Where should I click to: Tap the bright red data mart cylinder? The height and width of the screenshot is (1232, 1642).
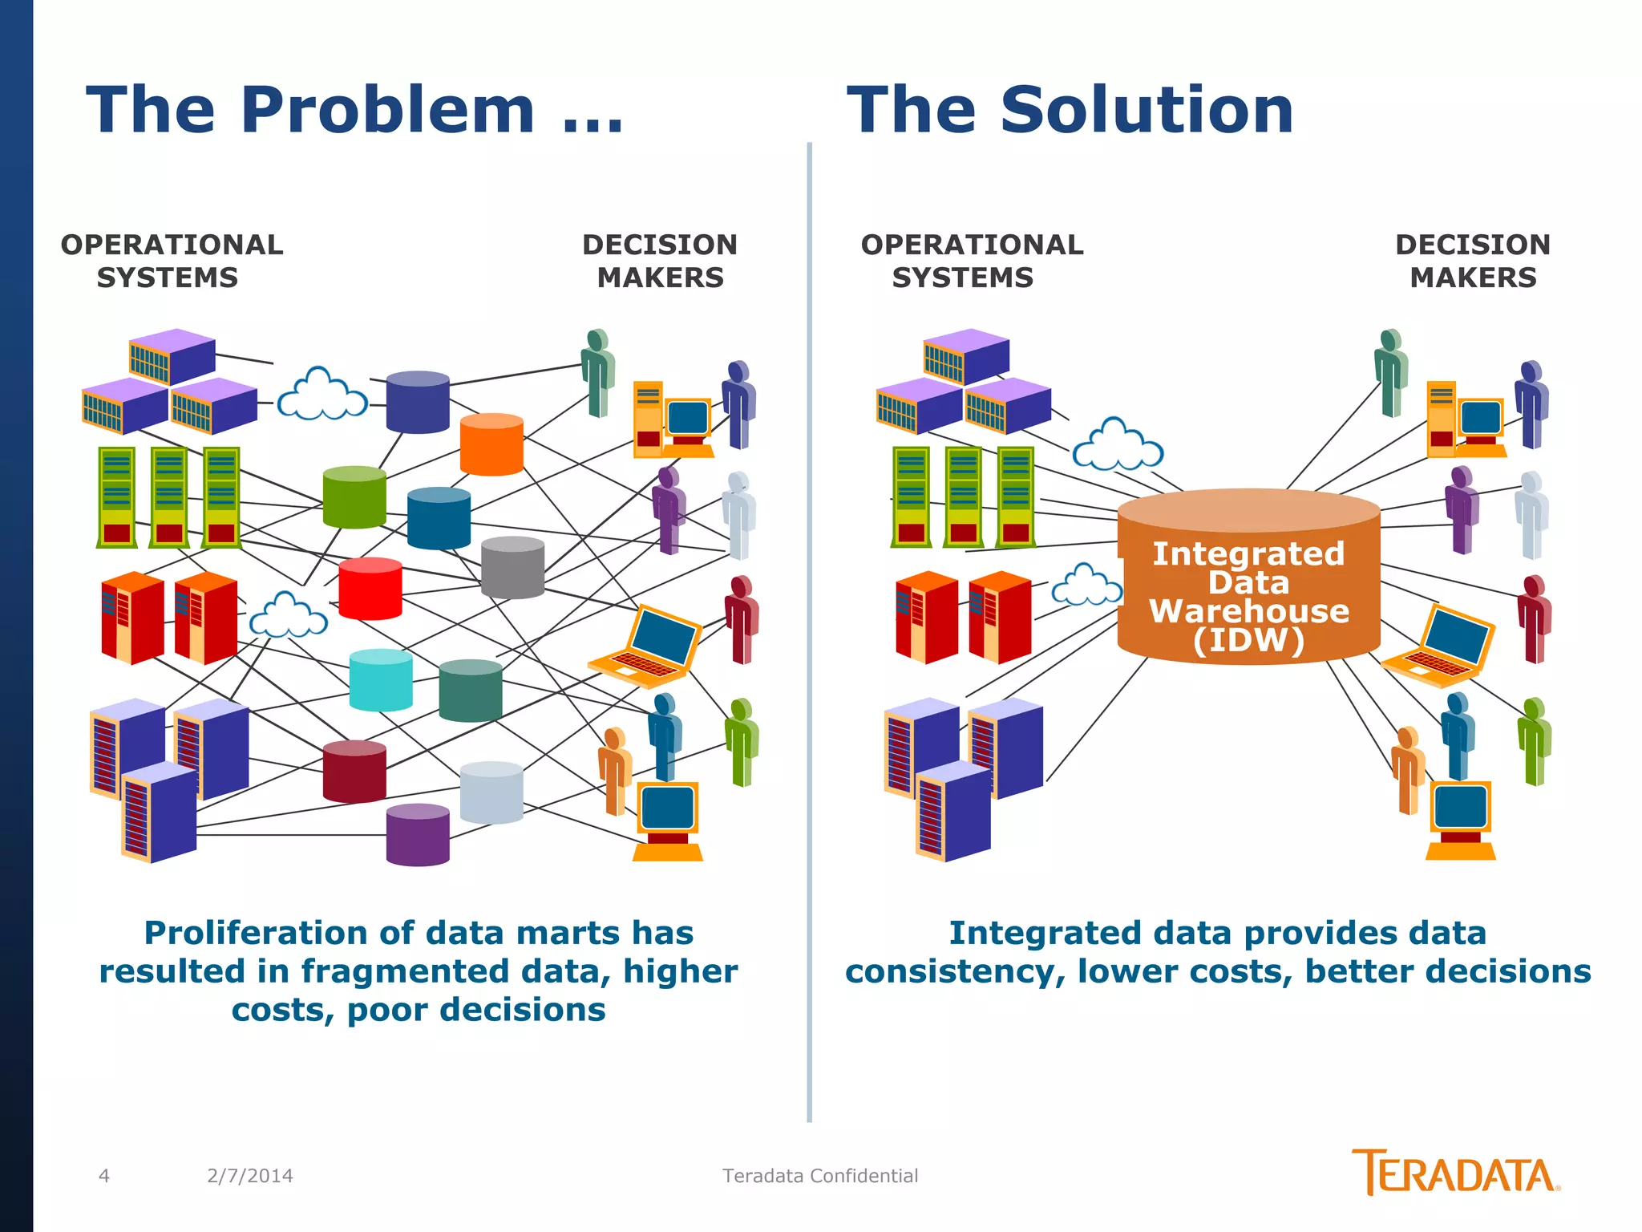point(370,590)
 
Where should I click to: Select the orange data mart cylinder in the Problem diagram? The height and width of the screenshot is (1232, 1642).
point(491,445)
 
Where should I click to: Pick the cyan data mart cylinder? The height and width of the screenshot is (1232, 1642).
point(381,681)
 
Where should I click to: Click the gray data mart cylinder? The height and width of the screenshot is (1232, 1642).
point(512,568)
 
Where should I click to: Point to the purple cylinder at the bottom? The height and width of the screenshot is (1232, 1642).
point(418,835)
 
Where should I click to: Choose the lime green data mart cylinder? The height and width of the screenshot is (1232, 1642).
point(354,498)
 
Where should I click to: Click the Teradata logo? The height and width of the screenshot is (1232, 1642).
point(1454,1173)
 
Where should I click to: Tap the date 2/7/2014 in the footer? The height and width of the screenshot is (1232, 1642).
point(250,1176)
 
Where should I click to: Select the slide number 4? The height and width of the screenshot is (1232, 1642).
point(104,1176)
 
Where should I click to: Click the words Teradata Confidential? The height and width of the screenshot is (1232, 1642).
point(820,1176)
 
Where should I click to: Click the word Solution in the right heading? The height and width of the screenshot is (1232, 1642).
point(1147,111)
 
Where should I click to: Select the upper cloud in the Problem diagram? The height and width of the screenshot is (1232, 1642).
point(322,395)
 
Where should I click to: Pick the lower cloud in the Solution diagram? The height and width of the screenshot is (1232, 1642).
point(1086,586)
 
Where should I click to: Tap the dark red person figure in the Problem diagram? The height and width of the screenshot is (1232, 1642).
point(742,618)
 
